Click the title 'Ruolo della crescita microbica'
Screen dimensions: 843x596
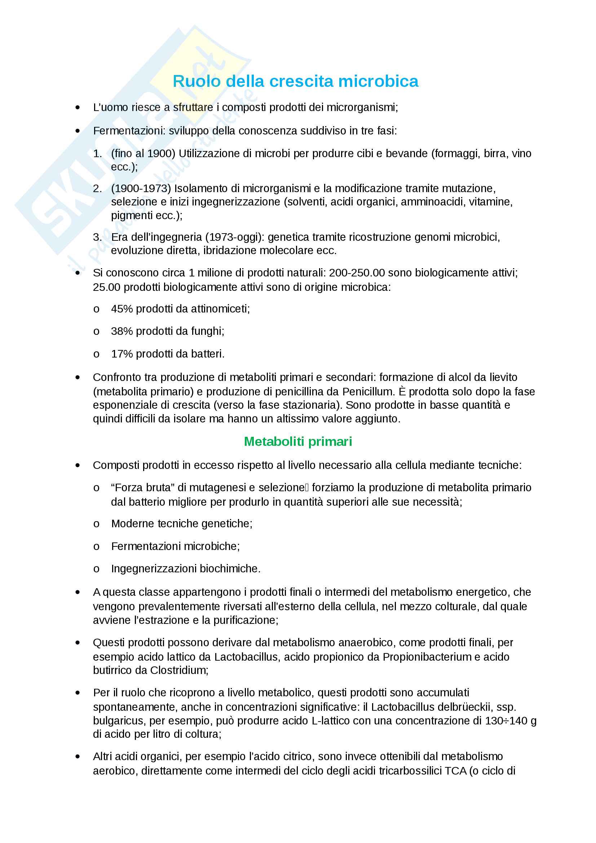(x=295, y=81)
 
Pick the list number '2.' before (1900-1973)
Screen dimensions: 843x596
(x=98, y=188)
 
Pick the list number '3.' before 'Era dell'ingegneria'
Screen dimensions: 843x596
(x=98, y=237)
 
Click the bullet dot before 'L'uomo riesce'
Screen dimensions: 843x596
(x=78, y=107)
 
